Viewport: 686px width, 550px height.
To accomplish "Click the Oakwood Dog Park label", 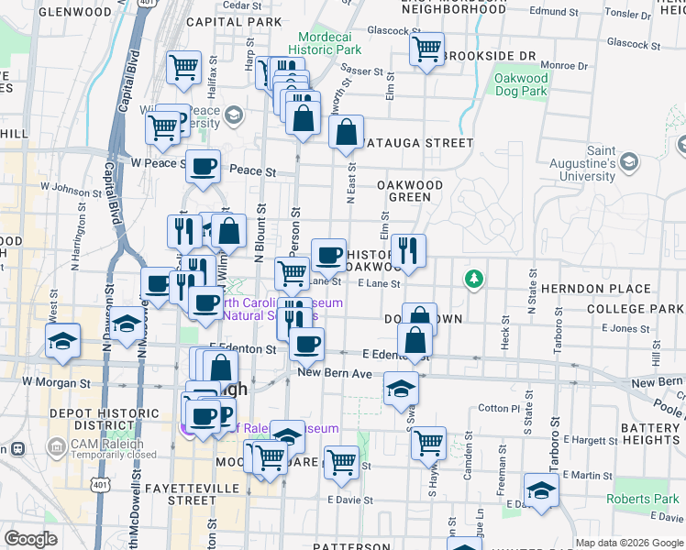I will [521, 85].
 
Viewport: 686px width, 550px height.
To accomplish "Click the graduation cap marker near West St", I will [63, 341].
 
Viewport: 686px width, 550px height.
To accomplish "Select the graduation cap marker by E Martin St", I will [541, 489].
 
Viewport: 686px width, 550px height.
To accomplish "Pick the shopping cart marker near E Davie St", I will [341, 461].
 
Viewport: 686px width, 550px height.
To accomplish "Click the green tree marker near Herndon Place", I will [473, 278].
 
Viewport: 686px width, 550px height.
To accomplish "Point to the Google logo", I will [30, 539].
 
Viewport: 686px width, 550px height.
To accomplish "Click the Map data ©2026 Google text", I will [628, 543].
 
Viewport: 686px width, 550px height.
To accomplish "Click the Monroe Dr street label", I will [563, 65].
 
